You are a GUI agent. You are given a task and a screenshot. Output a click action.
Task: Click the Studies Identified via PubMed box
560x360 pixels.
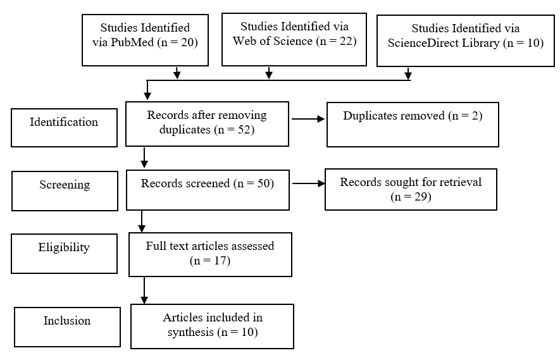click(145, 40)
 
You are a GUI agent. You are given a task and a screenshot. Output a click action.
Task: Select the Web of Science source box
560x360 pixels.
click(294, 39)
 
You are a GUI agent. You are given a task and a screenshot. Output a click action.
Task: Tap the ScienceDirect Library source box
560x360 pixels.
click(466, 40)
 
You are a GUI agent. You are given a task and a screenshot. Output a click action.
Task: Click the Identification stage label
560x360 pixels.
click(65, 128)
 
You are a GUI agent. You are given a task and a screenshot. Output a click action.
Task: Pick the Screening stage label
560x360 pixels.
click(65, 190)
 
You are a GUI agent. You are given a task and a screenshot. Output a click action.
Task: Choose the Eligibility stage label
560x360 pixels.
click(65, 254)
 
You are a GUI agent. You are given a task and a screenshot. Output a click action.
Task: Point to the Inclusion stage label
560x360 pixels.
click(68, 327)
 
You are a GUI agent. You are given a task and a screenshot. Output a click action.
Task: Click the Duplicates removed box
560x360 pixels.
click(413, 124)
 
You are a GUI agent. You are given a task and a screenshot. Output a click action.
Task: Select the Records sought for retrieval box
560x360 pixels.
click(411, 189)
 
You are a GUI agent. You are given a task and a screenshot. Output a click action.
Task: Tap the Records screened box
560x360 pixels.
click(208, 190)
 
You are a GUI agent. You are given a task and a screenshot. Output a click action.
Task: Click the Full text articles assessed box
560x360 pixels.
click(210, 254)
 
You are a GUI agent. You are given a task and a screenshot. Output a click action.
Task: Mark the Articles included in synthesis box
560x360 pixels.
click(212, 326)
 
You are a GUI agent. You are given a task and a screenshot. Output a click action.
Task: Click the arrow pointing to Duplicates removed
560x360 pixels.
click(308, 119)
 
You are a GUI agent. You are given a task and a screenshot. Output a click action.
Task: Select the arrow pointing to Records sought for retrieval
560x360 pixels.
click(309, 183)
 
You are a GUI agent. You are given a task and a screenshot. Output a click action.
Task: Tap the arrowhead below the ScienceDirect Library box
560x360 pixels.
click(408, 75)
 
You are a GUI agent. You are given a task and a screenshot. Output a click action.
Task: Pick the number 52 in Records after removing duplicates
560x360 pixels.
click(244, 129)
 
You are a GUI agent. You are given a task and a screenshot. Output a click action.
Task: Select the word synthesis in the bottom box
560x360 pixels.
click(190, 332)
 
